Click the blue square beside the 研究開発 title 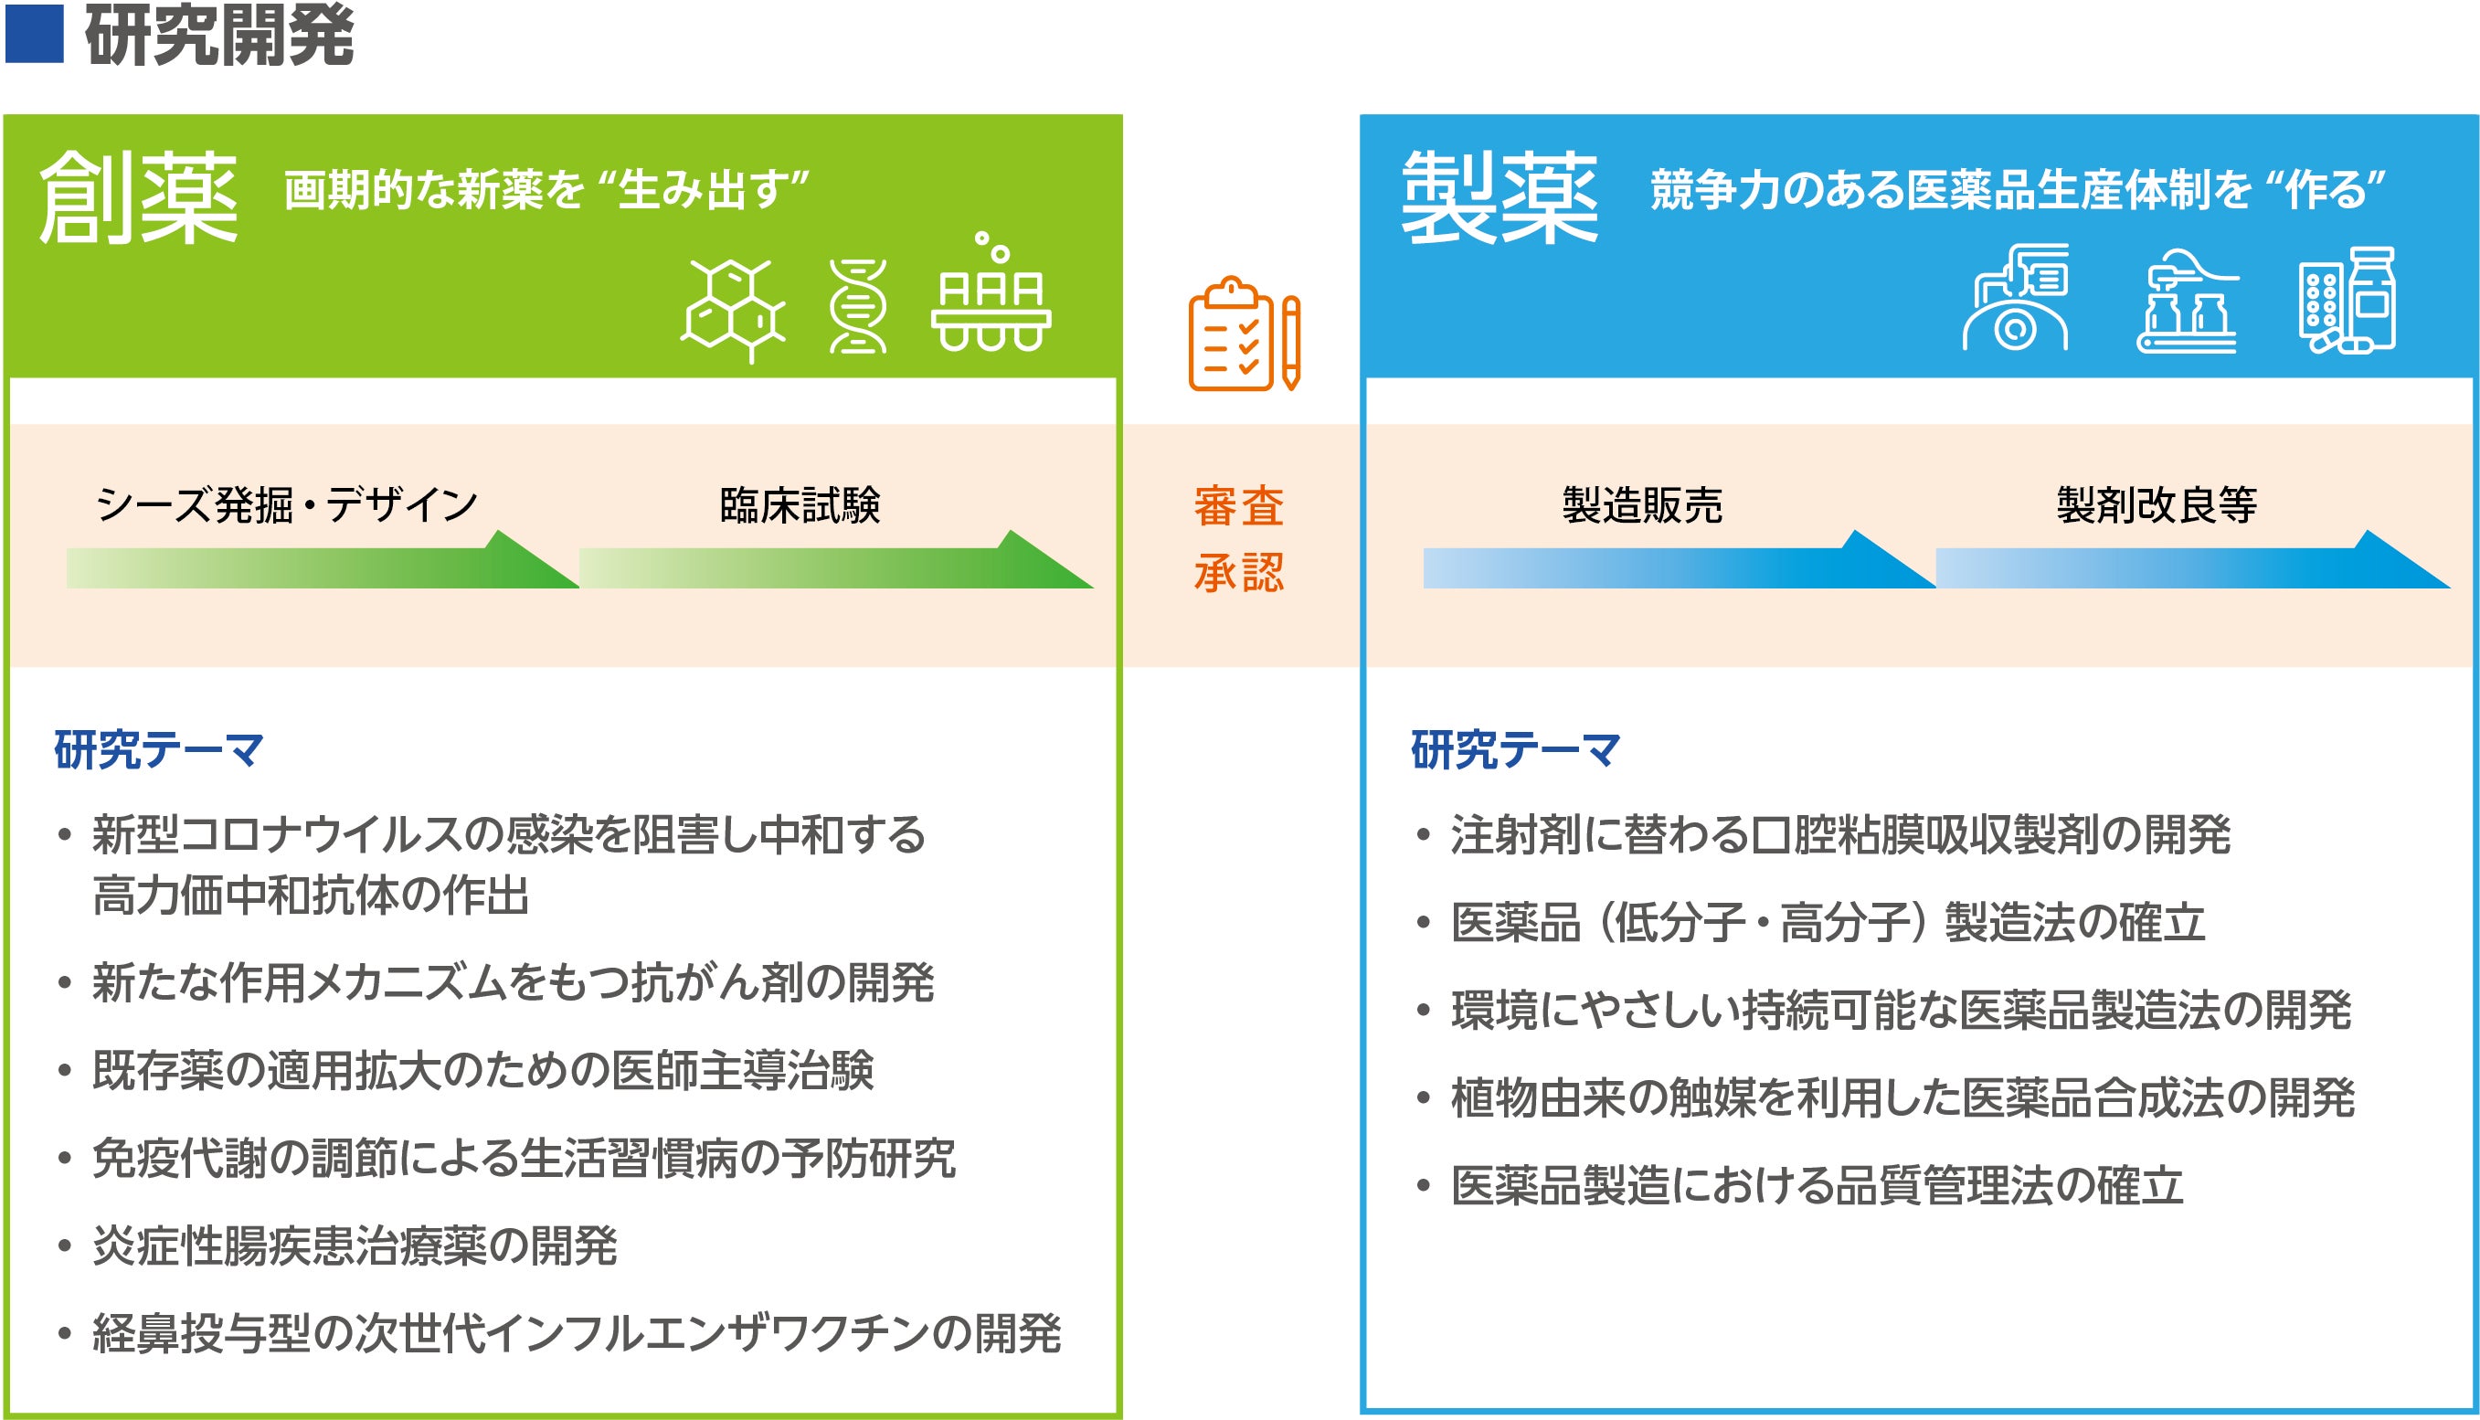(34, 34)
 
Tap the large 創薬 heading (137, 197)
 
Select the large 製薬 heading (1499, 197)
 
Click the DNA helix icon (857, 306)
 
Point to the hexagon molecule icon (734, 309)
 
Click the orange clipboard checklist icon (1245, 334)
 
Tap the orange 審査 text (1238, 506)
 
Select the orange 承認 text (1238, 573)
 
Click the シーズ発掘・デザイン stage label (287, 505)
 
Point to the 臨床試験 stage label (800, 505)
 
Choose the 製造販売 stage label (1642, 505)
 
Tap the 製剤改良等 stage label (2157, 505)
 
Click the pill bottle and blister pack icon (2347, 301)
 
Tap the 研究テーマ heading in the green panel (159, 750)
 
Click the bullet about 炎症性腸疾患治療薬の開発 (337, 1245)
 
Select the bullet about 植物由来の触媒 (1885, 1098)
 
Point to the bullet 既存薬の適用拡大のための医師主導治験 (465, 1070)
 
